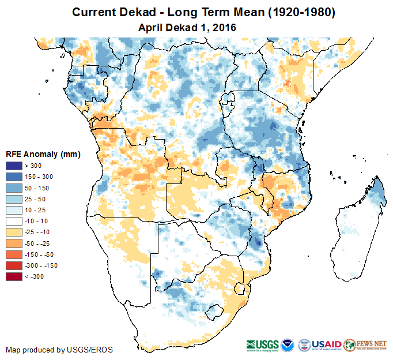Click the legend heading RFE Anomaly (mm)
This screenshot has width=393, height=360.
(43, 155)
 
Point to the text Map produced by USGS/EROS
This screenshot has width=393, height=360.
(59, 350)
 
